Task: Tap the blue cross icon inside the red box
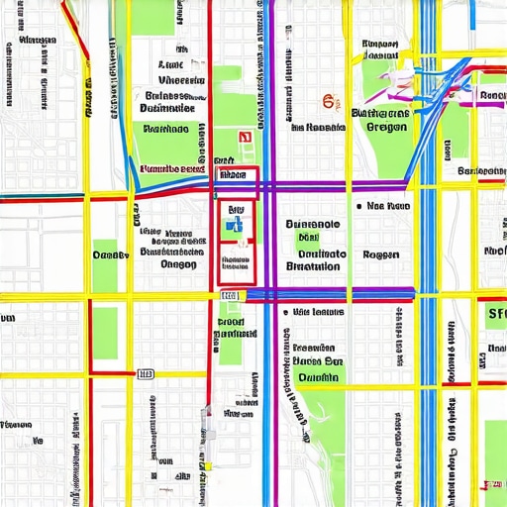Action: coord(236,226)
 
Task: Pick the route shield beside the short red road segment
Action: coord(146,374)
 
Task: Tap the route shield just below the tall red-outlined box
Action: coord(230,295)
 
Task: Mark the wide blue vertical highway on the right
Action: coord(428,297)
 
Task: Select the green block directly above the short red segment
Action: coord(105,332)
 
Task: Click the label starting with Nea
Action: coord(388,207)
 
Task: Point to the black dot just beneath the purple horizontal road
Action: coord(286,311)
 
